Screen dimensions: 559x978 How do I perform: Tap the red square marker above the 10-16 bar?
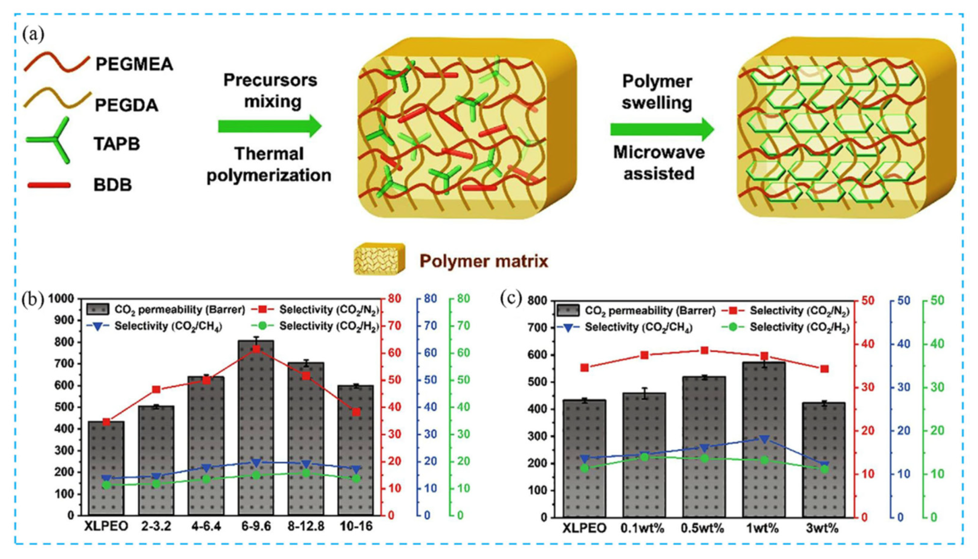coord(356,412)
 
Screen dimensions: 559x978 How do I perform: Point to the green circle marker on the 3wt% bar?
coord(824,469)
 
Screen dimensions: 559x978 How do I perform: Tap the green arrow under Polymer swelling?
coord(662,129)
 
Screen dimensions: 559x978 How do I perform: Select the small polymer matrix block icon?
coord(379,258)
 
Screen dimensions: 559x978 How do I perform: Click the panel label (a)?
coord(34,34)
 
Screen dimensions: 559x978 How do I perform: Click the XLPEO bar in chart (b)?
coord(106,468)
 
